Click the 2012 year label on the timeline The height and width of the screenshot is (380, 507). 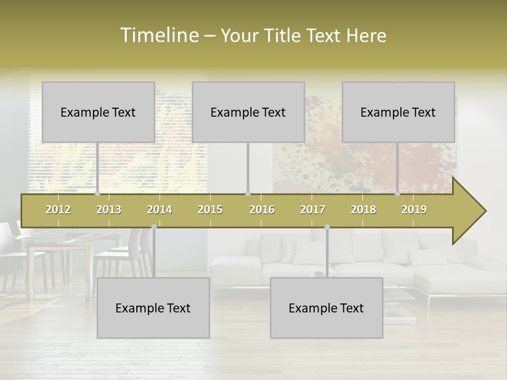point(58,210)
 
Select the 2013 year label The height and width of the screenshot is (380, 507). point(109,210)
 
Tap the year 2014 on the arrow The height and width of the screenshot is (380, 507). point(159,210)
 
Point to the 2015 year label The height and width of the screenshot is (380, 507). point(210,210)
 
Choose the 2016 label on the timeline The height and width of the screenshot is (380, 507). point(262,210)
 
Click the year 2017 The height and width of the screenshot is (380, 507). point(313,210)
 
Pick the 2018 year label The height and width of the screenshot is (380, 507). point(363,210)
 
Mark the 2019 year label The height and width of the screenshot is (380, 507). point(414,210)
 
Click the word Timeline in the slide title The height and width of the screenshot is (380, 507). point(158,35)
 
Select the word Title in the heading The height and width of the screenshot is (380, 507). point(284,36)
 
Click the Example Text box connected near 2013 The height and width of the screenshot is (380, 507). point(98,112)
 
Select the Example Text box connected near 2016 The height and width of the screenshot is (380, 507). point(248,112)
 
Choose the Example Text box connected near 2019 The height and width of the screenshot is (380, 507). point(398,112)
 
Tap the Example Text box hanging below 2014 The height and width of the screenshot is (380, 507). point(153,308)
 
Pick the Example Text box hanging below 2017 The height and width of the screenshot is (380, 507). point(326,308)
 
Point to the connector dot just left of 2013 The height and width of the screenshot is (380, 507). point(97,194)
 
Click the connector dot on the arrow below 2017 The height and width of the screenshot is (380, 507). point(327,227)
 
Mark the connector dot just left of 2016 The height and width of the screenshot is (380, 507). point(248,194)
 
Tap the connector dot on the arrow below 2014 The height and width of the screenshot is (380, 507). point(154,227)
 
